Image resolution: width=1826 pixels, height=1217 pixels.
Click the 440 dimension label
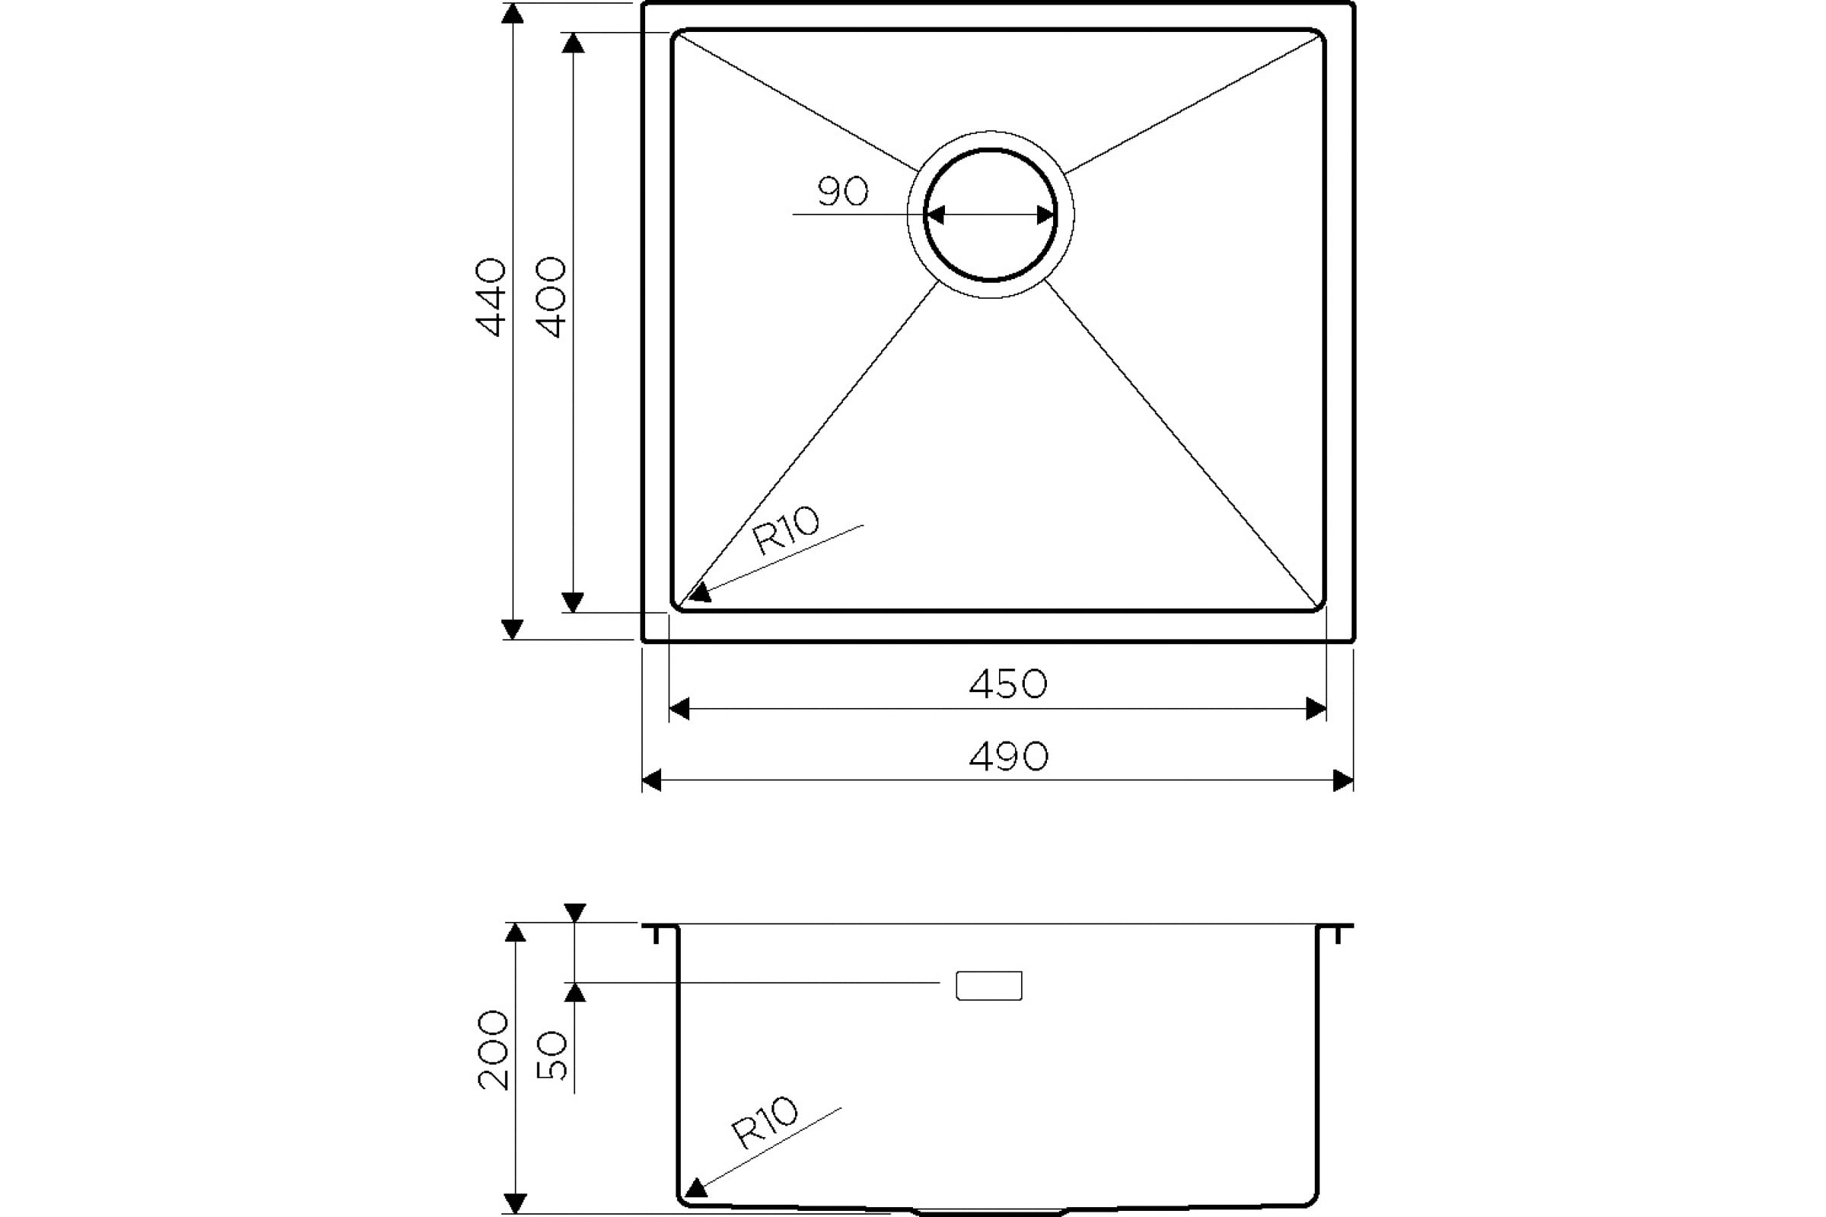click(x=491, y=297)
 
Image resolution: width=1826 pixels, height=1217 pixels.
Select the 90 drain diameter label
click(x=843, y=192)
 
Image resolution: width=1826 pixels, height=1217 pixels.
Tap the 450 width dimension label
click(x=1007, y=684)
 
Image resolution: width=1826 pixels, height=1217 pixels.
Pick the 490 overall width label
click(x=1009, y=756)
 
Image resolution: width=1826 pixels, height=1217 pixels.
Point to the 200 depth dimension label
click(x=493, y=1050)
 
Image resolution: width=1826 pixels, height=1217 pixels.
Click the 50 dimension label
click(x=552, y=1055)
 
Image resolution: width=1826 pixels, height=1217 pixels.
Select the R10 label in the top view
click(x=786, y=531)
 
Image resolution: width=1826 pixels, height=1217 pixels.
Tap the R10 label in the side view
click(x=764, y=1123)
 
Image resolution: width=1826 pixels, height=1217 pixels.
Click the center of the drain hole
click(x=990, y=214)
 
